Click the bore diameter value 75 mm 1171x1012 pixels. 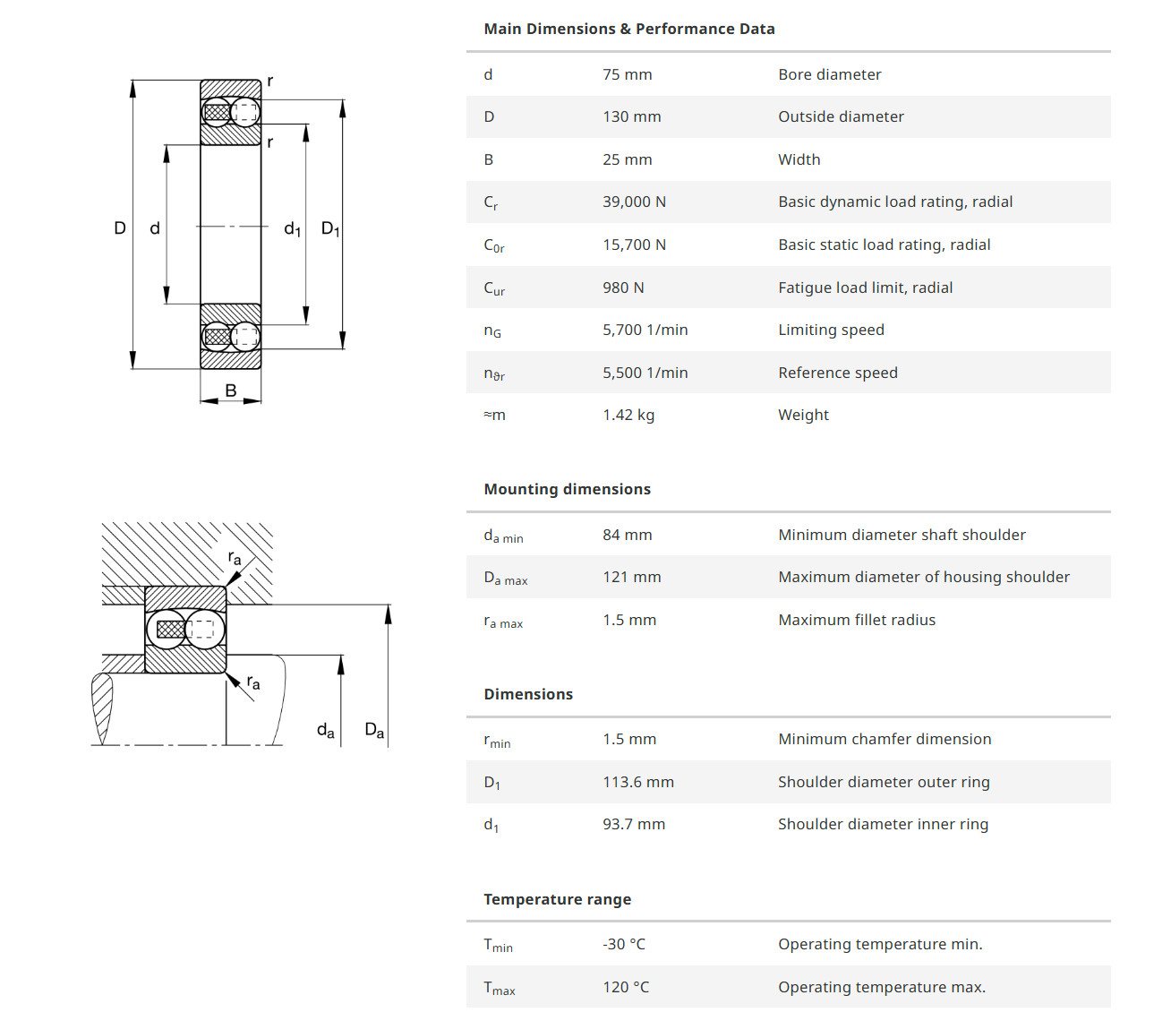(x=627, y=74)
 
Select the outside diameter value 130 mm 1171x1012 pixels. (x=631, y=116)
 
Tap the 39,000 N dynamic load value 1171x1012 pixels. (x=634, y=202)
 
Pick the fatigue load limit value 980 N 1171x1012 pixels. (x=623, y=287)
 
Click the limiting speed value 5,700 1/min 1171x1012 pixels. (x=645, y=330)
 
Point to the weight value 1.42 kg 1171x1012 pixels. (x=628, y=415)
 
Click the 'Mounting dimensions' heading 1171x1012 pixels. (x=567, y=489)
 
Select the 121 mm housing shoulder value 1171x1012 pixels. (x=631, y=577)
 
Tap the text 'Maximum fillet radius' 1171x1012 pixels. (x=856, y=620)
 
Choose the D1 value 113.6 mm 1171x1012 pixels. (x=637, y=782)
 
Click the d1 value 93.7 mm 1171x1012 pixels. (x=633, y=824)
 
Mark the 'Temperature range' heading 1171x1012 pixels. (x=557, y=899)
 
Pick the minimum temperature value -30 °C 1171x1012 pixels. (x=623, y=944)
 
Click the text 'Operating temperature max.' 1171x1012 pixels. (x=881, y=987)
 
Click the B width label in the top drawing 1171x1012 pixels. (x=231, y=390)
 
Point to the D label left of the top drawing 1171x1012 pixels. (x=120, y=228)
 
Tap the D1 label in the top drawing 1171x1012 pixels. (x=329, y=229)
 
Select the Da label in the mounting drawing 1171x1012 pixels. (x=374, y=730)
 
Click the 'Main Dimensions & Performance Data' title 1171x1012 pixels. (x=628, y=29)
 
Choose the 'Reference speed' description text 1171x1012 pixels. (x=837, y=373)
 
